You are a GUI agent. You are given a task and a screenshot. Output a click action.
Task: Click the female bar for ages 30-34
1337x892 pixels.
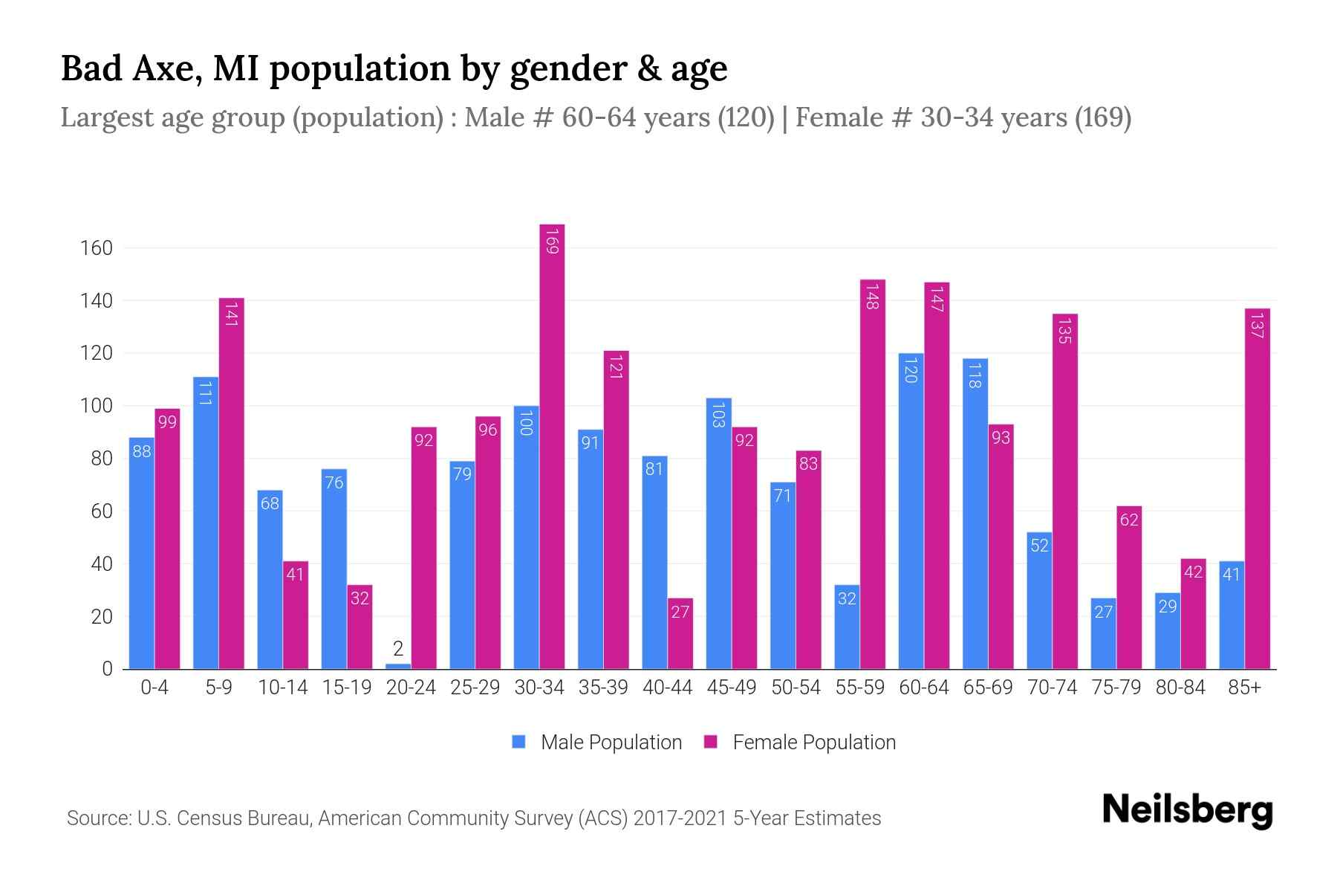tap(552, 446)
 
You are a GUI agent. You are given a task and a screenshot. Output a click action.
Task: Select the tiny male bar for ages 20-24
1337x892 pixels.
tap(398, 666)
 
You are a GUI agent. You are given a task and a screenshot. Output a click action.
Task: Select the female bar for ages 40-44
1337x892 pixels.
tap(680, 633)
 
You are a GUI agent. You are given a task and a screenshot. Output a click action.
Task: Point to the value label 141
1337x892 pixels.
tap(231, 314)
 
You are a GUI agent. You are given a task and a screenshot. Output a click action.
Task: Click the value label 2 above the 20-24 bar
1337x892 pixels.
tap(398, 649)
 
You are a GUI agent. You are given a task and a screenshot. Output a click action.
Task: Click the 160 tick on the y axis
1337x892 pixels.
tap(97, 248)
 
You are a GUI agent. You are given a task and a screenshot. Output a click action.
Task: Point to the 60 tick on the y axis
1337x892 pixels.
tap(102, 511)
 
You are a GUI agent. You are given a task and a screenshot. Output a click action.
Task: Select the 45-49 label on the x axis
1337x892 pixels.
tap(732, 688)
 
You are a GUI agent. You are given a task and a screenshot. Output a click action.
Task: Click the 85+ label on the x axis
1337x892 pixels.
tap(1244, 688)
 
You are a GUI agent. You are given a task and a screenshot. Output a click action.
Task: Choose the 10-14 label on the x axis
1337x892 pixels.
tap(282, 688)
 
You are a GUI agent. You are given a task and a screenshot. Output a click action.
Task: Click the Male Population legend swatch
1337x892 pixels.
tap(519, 742)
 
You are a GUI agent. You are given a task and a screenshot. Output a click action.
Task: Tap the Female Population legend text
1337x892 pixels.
tap(813, 742)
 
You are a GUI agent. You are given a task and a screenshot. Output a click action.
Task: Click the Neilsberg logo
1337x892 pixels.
tap(1187, 810)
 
